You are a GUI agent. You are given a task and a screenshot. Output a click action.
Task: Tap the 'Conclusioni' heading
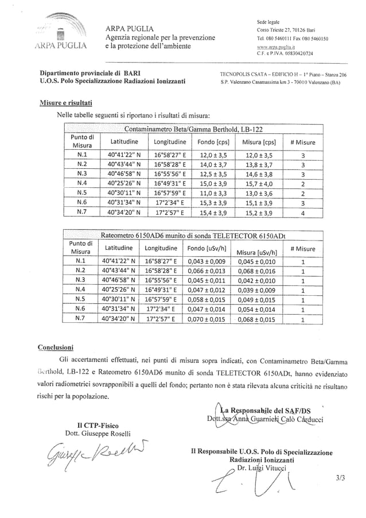tap(55, 347)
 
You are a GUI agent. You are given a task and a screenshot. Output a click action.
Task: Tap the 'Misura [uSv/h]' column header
tap(256, 251)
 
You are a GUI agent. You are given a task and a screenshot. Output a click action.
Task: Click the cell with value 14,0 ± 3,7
tap(213, 164)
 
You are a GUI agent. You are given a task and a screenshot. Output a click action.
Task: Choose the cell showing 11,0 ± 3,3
tap(213, 193)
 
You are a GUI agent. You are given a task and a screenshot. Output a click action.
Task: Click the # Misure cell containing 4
tap(302, 212)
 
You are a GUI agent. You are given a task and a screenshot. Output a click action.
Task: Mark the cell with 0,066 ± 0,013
tap(207, 270)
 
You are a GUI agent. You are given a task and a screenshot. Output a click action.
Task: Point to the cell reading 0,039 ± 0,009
tap(256, 289)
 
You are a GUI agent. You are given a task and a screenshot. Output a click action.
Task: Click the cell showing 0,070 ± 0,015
tap(207, 318)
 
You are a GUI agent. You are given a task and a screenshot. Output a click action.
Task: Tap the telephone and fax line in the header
tap(293, 39)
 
